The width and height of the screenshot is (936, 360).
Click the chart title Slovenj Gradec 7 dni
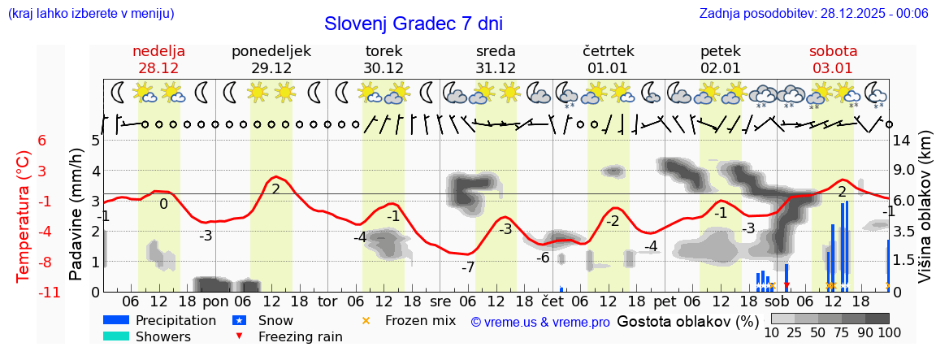(x=414, y=24)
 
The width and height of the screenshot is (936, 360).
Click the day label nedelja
(x=159, y=51)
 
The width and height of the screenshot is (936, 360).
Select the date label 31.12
(x=496, y=68)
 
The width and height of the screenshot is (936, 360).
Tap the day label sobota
(x=833, y=51)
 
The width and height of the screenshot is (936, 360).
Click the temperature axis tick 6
(x=41, y=141)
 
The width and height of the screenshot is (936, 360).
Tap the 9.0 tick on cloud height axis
(x=904, y=171)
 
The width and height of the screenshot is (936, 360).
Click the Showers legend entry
(x=163, y=337)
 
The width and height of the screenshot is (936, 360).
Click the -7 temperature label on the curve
(x=468, y=267)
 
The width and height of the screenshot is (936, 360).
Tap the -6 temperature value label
(x=543, y=258)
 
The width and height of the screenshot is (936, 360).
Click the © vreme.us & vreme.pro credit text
(x=540, y=323)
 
